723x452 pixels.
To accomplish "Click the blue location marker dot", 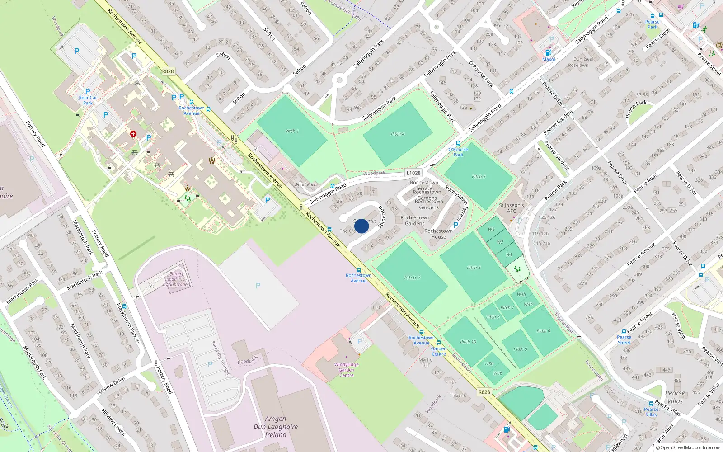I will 361,226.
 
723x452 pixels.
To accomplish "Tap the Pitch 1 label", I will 292,131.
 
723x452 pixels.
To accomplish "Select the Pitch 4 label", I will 398,134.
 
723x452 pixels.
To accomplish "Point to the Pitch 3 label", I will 479,176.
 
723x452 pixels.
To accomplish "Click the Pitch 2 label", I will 412,278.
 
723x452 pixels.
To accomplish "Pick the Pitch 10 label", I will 468,342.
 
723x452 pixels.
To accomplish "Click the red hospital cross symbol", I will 133,134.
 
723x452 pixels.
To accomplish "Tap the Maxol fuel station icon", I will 549,52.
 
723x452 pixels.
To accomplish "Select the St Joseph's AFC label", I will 511,208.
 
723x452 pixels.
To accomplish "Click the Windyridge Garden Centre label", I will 347,370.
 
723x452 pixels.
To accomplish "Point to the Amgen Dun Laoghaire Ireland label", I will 276,427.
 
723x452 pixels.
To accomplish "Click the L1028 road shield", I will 413,173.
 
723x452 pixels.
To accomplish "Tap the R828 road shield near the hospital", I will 168,71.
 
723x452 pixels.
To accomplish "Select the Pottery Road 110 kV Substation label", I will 177,279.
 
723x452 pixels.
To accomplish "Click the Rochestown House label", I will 438,234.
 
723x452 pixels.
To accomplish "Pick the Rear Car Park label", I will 88,100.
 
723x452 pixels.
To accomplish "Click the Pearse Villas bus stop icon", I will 651,403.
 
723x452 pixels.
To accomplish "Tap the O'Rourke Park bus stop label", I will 458,152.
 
